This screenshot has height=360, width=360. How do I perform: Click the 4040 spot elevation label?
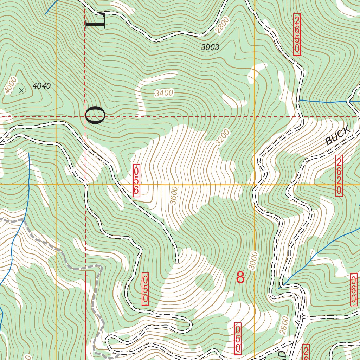point(41,86)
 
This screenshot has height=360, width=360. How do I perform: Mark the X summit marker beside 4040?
point(22,91)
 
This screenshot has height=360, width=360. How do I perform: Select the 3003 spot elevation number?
point(210,47)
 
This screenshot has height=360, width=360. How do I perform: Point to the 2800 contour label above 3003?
point(222,26)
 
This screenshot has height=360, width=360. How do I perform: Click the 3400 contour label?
point(164,93)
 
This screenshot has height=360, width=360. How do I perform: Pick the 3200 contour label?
point(223,137)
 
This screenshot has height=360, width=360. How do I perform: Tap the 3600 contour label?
point(174,195)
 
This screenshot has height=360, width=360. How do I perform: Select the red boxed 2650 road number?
point(297,34)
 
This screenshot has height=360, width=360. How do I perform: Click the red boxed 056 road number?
point(136,180)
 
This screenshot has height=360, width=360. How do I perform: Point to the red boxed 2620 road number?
point(339,176)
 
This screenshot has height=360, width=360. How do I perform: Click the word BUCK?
point(338,136)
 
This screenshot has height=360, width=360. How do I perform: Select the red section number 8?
point(240,278)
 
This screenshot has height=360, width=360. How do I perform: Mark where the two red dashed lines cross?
point(85,116)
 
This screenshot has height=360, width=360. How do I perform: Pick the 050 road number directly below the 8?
point(238,339)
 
